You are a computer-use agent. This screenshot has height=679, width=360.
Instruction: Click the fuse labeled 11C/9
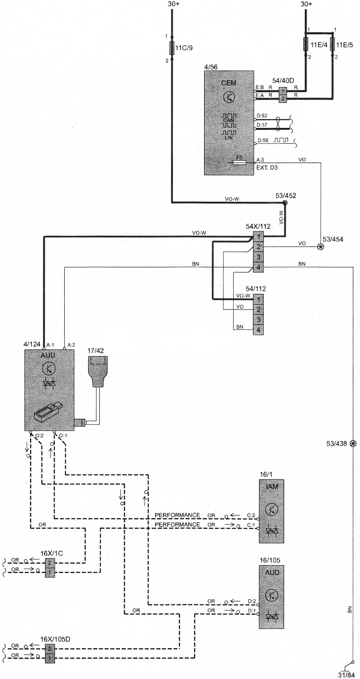click(x=172, y=48)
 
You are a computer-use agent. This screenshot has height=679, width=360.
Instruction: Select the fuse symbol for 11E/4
click(x=306, y=45)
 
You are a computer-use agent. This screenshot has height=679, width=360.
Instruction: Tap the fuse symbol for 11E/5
click(x=332, y=45)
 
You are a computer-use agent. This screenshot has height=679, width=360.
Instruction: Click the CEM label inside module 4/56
click(x=229, y=83)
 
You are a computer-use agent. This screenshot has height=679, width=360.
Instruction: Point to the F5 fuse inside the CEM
click(x=239, y=162)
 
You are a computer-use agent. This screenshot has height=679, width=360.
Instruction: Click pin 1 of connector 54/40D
click(x=283, y=90)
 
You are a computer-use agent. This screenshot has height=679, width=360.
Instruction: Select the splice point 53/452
click(x=285, y=203)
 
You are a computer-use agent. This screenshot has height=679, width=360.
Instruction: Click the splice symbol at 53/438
click(x=353, y=443)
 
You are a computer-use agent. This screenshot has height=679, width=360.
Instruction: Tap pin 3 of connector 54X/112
click(x=258, y=257)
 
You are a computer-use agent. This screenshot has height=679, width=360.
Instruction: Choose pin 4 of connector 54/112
click(x=258, y=330)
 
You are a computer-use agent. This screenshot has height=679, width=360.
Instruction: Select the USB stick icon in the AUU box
click(x=47, y=413)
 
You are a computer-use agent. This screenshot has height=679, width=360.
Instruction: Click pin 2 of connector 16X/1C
click(x=50, y=561)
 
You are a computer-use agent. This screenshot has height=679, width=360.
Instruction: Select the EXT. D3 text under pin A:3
click(x=267, y=168)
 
